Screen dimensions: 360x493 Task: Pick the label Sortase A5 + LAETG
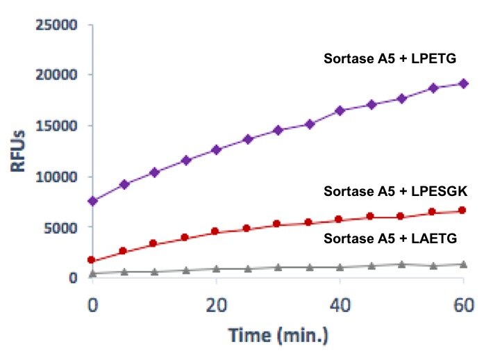(x=386, y=238)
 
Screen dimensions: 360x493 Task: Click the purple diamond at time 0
(x=93, y=201)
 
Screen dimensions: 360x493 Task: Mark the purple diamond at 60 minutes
(x=463, y=83)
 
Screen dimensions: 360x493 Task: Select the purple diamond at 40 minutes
(x=340, y=111)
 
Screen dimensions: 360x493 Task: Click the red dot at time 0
(x=93, y=260)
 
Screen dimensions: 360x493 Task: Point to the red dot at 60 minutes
(x=463, y=211)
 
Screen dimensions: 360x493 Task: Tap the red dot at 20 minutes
(x=216, y=231)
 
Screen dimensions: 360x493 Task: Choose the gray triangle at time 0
(x=93, y=274)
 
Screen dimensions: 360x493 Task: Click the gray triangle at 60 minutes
(x=463, y=264)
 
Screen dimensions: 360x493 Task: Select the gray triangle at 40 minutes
(x=340, y=267)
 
